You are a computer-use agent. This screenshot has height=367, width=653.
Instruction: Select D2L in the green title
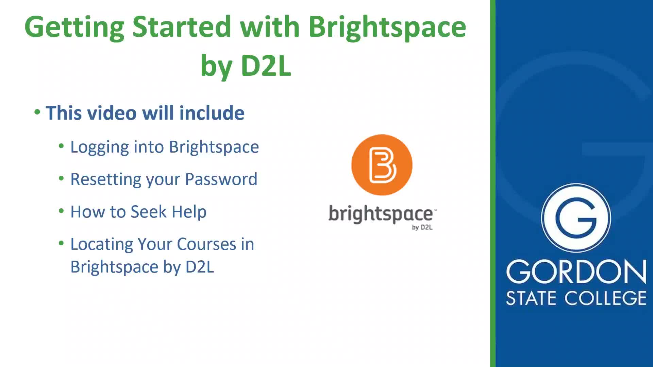pos(266,66)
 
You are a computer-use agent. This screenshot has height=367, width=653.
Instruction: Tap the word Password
pos(221,179)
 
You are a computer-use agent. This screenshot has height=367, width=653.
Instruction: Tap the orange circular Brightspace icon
pos(382,165)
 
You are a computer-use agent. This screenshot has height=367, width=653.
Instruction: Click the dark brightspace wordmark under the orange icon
pos(381,214)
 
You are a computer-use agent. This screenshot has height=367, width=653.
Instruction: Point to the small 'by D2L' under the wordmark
pos(422,227)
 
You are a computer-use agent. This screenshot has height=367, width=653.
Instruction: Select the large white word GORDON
pos(576,272)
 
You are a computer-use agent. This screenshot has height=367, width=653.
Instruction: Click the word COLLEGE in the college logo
pos(606,298)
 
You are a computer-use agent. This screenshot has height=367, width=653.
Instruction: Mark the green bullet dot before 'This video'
pos(37,112)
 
